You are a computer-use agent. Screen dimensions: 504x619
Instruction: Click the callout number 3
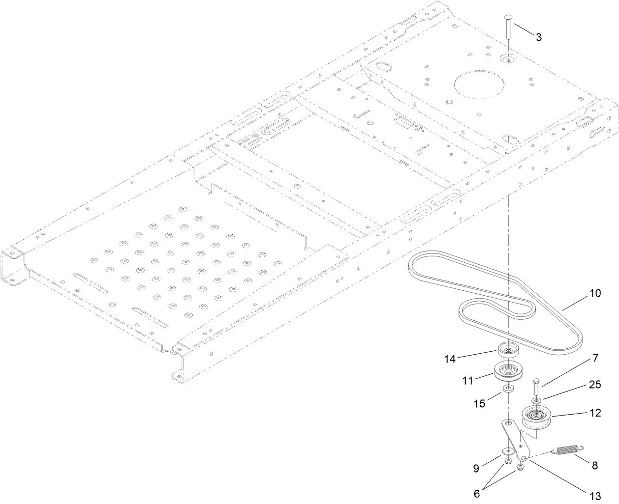point(539,37)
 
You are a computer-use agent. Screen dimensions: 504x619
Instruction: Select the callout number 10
point(595,293)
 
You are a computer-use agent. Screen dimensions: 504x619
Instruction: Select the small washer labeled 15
point(507,389)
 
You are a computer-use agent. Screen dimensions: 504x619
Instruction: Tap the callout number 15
point(479,403)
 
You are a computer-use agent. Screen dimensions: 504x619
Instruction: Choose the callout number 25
point(595,385)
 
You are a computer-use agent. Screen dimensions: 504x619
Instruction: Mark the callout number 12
point(595,413)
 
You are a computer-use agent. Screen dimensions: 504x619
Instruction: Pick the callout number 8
point(595,465)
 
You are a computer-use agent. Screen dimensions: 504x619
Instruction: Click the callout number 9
point(476,468)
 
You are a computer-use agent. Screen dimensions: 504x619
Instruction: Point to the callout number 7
point(595,358)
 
